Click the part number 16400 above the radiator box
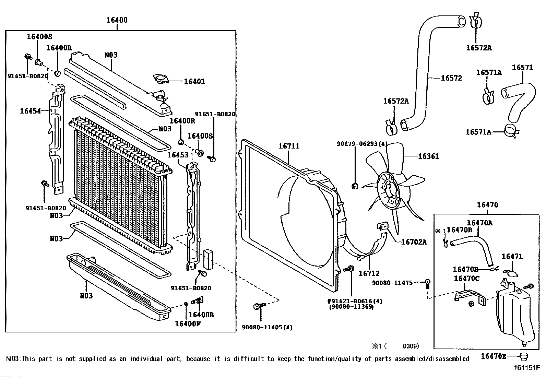pyautogui.click(x=117, y=20)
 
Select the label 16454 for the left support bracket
pyautogui.click(x=31, y=111)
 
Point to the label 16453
pyautogui.click(x=178, y=155)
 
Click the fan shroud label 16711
pyautogui.click(x=289, y=146)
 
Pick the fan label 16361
pyautogui.click(x=428, y=156)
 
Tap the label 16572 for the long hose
pyautogui.click(x=451, y=78)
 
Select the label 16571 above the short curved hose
pyautogui.click(x=522, y=67)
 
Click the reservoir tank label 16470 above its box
pyautogui.click(x=487, y=205)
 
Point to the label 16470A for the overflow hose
pyautogui.click(x=480, y=223)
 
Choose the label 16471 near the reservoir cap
pyautogui.click(x=512, y=257)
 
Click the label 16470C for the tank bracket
pyautogui.click(x=466, y=279)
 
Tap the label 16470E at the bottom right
pyautogui.click(x=494, y=356)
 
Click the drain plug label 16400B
pyautogui.click(x=201, y=315)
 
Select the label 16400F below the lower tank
pyautogui.click(x=188, y=324)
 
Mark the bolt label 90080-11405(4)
pyautogui.click(x=267, y=327)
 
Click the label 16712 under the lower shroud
pyautogui.click(x=369, y=274)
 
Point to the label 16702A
pyautogui.click(x=414, y=242)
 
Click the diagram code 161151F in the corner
pyautogui.click(x=527, y=368)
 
